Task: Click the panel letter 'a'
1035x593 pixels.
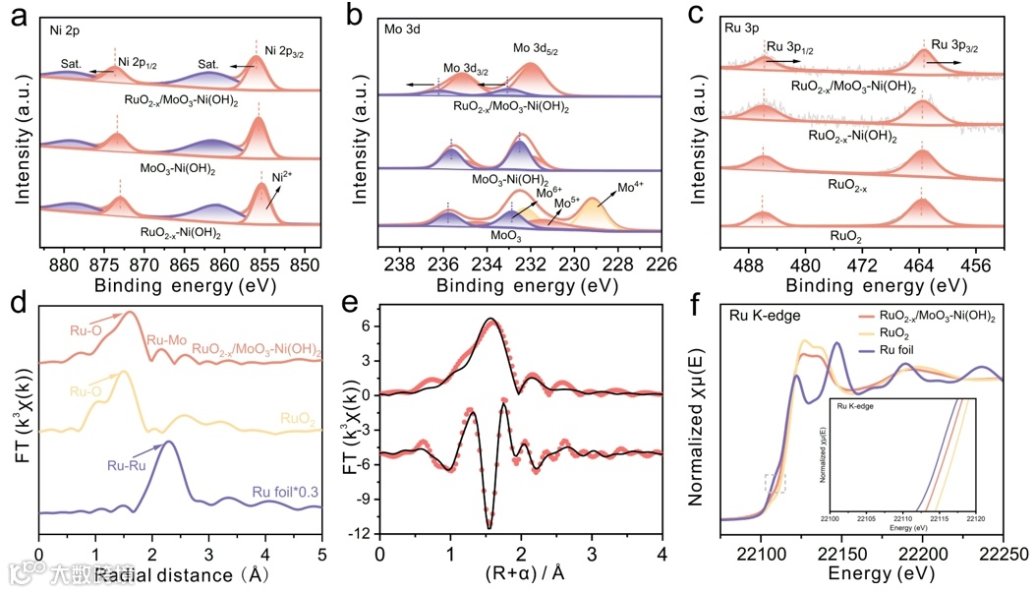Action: point(17,16)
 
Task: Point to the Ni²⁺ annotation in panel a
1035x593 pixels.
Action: point(284,178)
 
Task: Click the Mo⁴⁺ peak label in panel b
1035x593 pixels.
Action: point(631,186)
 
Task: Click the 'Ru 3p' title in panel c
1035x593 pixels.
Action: point(745,30)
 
